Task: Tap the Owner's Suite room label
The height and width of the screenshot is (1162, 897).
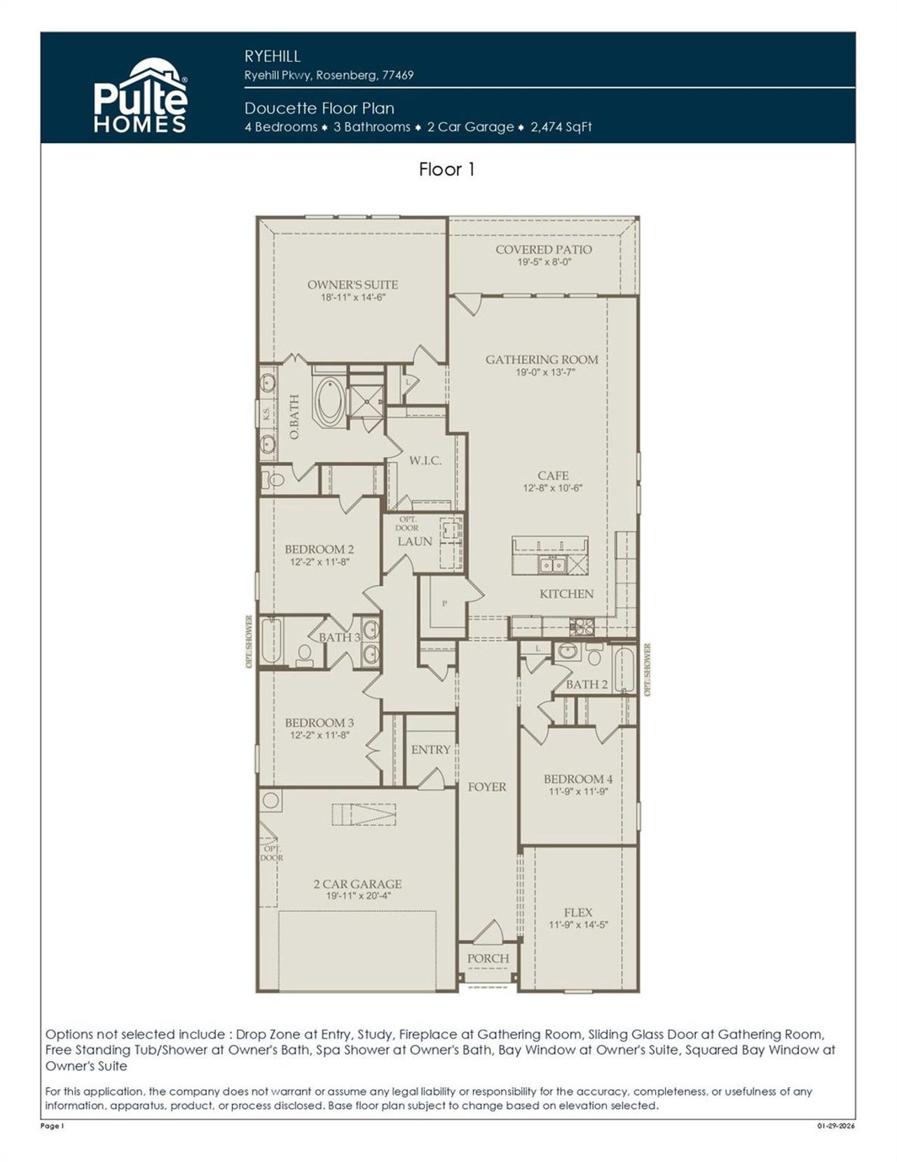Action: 352,285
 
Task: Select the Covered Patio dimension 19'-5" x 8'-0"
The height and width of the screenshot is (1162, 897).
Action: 544,262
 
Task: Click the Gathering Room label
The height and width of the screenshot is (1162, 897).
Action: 542,360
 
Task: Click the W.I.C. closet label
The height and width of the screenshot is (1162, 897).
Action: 425,460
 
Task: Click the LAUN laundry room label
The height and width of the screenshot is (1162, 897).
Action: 415,542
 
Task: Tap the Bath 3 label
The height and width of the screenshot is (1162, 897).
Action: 339,637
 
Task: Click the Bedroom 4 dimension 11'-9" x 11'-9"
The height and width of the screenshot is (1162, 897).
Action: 578,791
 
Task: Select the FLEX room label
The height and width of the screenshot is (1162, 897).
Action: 578,912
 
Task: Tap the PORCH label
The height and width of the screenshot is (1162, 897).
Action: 488,958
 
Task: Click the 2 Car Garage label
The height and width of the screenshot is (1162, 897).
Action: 357,884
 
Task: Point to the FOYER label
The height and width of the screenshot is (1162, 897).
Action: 487,787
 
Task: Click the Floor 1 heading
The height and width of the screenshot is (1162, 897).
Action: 447,170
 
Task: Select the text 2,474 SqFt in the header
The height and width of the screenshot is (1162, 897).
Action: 561,127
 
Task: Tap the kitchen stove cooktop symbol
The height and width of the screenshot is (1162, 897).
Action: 582,626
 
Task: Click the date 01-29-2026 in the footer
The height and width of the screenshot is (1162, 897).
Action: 835,1126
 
